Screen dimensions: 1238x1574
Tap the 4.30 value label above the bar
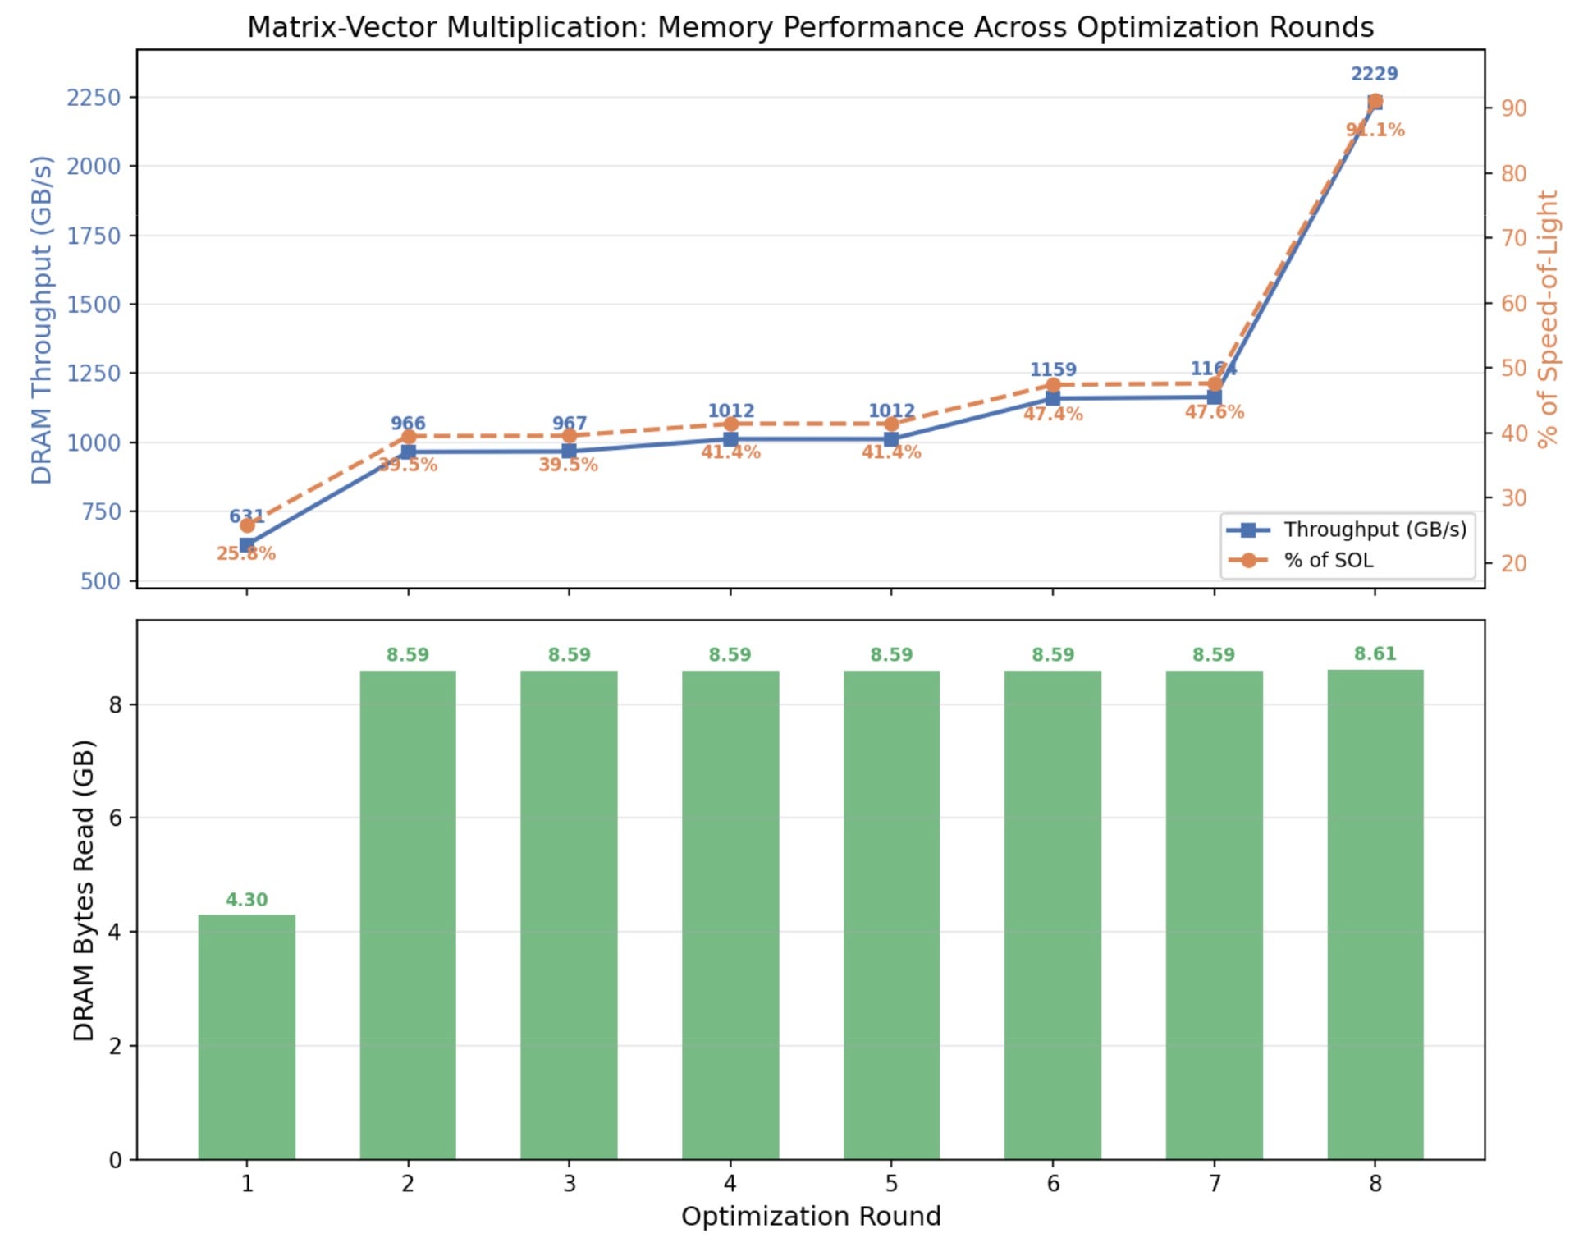246,900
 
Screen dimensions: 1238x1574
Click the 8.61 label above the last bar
1375,653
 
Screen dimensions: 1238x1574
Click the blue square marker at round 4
730,439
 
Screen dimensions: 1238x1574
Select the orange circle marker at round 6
1053,385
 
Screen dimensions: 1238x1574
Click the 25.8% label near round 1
245,554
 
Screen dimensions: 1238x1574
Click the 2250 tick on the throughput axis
94,98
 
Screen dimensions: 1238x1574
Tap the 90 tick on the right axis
1514,108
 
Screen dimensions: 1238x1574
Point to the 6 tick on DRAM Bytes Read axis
116,818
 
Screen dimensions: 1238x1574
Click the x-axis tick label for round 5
891,1183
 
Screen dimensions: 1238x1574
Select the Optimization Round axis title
811,1216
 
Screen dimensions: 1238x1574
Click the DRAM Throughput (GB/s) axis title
41,319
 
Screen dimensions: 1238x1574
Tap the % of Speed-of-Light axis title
1548,319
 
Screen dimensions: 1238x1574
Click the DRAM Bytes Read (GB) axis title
84,890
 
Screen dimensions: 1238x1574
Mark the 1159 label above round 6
1053,369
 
